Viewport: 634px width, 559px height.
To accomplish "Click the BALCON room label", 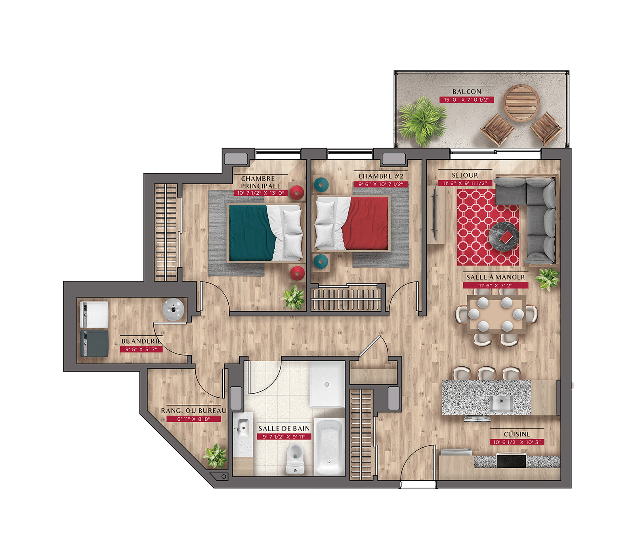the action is pyautogui.click(x=466, y=92).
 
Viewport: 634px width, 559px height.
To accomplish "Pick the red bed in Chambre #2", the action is pyautogui.click(x=352, y=224).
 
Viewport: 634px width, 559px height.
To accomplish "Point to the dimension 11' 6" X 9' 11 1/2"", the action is pyautogui.click(x=465, y=183).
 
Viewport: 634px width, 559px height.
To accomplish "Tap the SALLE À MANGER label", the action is pyautogui.click(x=495, y=277).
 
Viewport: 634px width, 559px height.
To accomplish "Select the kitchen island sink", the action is pyautogui.click(x=501, y=404).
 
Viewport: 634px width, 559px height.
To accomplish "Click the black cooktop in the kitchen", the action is pyautogui.click(x=511, y=461).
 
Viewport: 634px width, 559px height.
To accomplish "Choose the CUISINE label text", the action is pyautogui.click(x=517, y=434).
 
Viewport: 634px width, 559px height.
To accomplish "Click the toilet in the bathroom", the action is pyautogui.click(x=294, y=458).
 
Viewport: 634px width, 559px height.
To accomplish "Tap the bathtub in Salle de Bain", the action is pyautogui.click(x=329, y=446).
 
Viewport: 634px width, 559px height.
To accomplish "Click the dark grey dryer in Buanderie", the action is pyautogui.click(x=94, y=344).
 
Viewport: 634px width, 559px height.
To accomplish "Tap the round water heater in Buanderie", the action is pyautogui.click(x=174, y=309).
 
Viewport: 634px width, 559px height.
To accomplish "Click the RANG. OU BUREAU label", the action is pyautogui.click(x=193, y=411).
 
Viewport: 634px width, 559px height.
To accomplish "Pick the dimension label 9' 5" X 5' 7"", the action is pyautogui.click(x=141, y=349).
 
